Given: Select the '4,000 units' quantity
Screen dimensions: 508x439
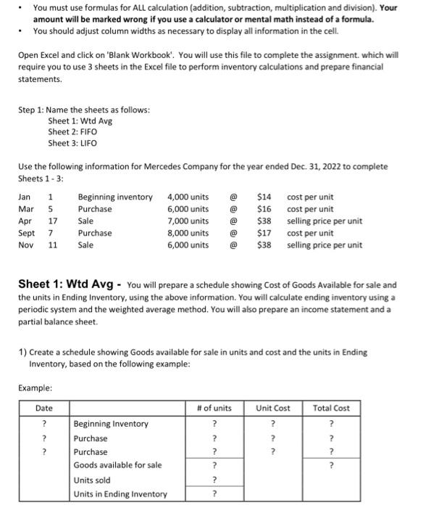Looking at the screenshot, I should (x=188, y=197).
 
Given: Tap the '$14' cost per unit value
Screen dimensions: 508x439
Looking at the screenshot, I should (x=264, y=197).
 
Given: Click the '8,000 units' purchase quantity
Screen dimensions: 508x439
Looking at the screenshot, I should (x=188, y=233).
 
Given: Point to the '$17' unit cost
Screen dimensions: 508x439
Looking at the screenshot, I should (x=264, y=233).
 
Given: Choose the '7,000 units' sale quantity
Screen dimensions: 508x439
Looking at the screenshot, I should (x=188, y=221).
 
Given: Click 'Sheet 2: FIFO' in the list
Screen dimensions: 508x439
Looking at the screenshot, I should (x=72, y=132).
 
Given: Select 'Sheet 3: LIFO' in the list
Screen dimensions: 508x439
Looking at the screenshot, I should (x=72, y=144).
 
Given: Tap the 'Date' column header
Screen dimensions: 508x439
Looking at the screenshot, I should (x=45, y=409).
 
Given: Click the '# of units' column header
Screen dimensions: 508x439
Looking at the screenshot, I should (x=214, y=409).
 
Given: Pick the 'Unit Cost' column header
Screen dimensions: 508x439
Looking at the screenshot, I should (x=272, y=409).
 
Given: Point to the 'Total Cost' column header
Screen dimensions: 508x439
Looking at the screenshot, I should (x=331, y=409).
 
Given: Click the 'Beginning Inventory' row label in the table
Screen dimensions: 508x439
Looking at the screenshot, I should (x=111, y=424).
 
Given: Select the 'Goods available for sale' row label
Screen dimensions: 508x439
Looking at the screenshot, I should (x=117, y=465).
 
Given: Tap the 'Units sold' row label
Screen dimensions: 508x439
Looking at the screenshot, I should (x=92, y=480).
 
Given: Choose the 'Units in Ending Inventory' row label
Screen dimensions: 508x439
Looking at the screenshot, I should (x=120, y=494).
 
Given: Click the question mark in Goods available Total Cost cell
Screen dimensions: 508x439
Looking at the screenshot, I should (x=331, y=465).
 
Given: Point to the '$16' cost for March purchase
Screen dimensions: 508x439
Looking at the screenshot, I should (x=264, y=209).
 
